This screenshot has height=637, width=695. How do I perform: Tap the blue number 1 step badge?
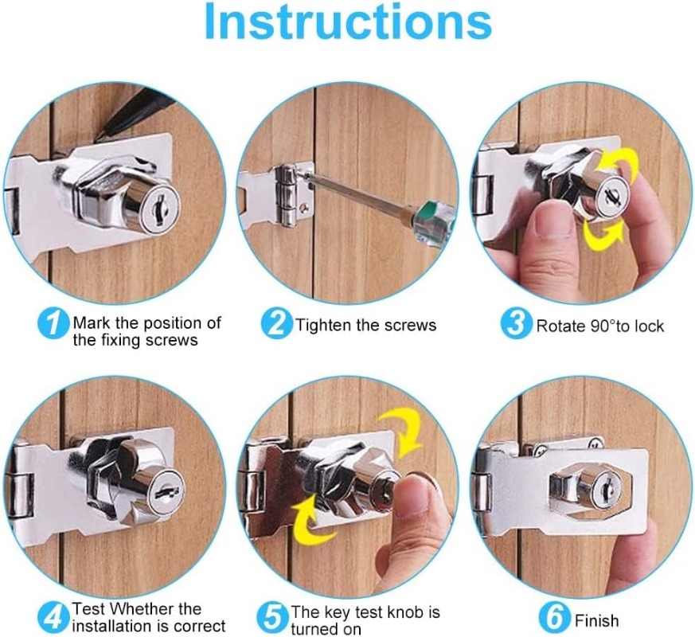pos(53,324)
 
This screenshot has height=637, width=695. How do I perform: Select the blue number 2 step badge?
pos(276,324)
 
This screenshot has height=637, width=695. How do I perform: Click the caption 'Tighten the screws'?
pos(365,325)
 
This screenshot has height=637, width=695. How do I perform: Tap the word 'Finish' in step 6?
pos(596,620)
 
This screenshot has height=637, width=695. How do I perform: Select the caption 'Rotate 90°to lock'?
pos(599,326)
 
